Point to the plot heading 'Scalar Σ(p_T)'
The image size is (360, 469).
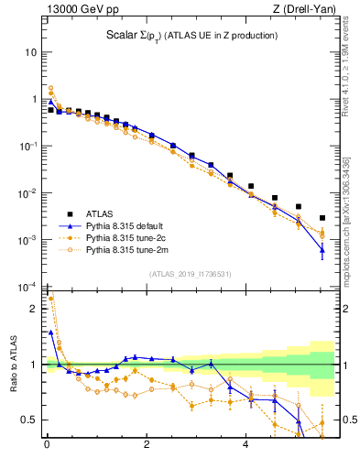click(x=137, y=36)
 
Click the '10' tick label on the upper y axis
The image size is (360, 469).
click(x=30, y=52)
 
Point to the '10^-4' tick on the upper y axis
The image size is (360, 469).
click(x=28, y=288)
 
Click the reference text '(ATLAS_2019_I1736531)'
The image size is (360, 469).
click(x=189, y=274)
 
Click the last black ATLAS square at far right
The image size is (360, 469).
click(x=322, y=218)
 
